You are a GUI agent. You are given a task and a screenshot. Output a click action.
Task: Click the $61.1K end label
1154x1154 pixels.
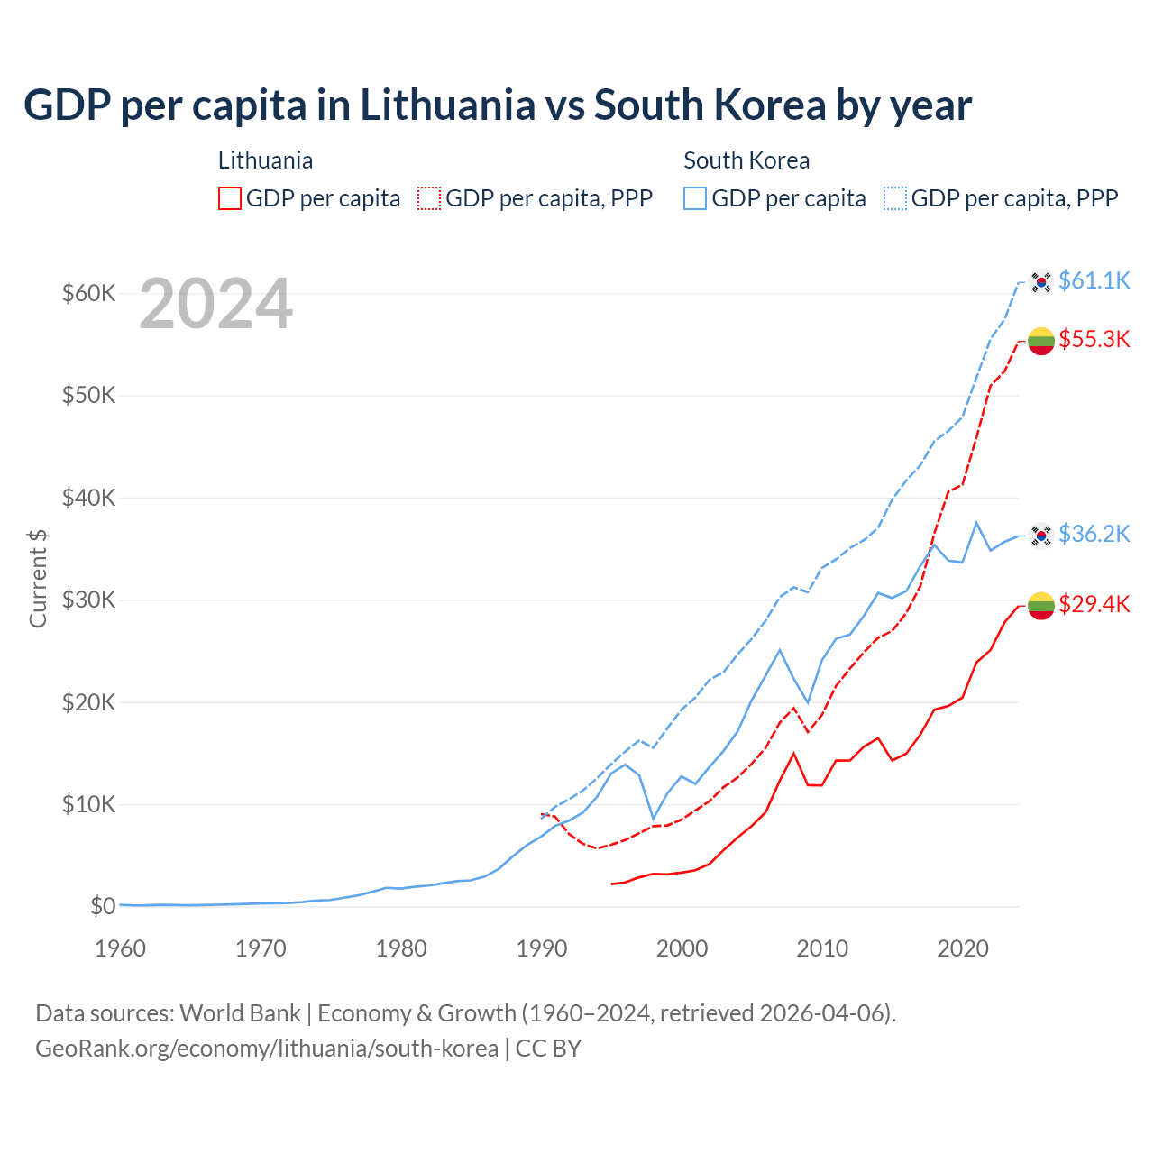pos(1094,280)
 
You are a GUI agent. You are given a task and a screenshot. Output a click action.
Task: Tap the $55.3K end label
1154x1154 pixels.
pos(1094,339)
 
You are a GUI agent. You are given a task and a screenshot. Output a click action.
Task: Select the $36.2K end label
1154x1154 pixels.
pos(1094,534)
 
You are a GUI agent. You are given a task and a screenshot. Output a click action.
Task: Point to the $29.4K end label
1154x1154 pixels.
pos(1094,604)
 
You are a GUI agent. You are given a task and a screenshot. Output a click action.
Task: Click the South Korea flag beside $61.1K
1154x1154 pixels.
pos(1041,282)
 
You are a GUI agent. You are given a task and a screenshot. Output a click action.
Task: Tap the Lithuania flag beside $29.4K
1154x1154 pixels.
pos(1041,606)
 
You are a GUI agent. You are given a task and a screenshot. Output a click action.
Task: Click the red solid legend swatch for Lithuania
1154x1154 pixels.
pos(230,198)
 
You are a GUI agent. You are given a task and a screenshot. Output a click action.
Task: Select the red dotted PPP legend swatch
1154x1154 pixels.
pos(429,198)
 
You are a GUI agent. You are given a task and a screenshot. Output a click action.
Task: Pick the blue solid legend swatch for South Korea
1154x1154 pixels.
pos(695,198)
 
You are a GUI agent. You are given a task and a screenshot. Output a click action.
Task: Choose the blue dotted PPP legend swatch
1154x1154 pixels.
pos(895,198)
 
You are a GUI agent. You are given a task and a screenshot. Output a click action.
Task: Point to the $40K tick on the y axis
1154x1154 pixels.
pos(89,498)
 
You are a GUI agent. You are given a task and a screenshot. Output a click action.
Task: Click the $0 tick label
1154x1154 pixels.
pos(103,906)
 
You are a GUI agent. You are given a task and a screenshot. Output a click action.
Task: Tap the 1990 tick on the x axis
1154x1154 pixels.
pos(542,948)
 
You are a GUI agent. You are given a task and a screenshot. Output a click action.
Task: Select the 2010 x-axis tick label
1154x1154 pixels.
pos(822,948)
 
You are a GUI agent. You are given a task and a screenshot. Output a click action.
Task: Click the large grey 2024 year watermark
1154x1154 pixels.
pos(216,304)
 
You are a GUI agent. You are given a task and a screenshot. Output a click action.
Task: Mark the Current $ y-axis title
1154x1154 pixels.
pos(38,578)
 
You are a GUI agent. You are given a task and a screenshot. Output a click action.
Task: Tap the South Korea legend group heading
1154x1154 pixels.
pos(746,160)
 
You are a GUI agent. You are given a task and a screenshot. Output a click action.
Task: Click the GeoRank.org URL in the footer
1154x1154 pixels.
pos(267,1049)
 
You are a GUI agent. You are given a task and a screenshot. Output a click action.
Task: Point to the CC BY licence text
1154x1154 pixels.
pos(548,1049)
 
